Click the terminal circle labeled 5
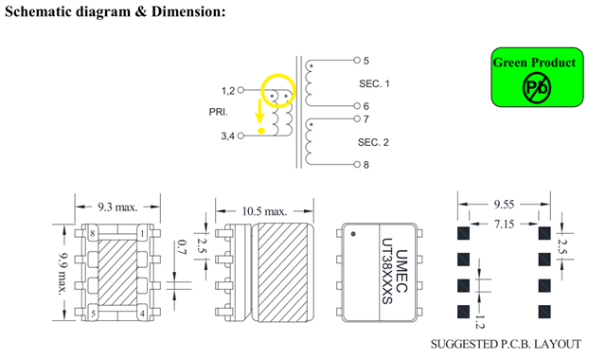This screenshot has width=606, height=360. point(357,60)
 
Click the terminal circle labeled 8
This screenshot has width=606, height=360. point(357,164)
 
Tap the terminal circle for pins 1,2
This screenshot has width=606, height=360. point(241,90)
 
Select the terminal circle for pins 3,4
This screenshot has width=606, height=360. point(241,135)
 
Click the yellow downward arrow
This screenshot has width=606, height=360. point(259,111)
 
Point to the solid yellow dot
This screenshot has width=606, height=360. point(261,131)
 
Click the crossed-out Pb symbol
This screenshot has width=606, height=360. point(537,88)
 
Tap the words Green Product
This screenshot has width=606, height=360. point(534,63)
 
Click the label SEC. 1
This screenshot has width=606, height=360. point(374,83)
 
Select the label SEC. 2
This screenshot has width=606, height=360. point(373,142)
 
